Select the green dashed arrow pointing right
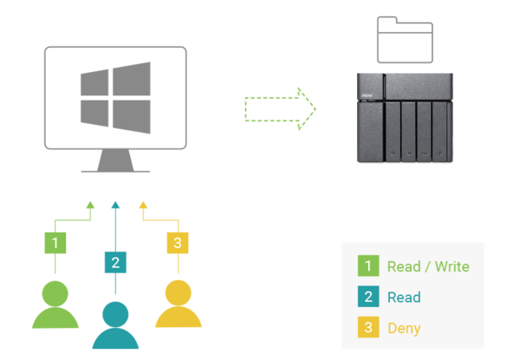(281, 108)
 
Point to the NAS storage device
(404, 118)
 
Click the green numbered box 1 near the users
(55, 243)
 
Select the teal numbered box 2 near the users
(115, 261)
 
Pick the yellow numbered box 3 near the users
(177, 243)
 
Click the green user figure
(55, 304)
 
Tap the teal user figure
(115, 324)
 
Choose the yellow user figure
(178, 304)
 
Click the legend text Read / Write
(428, 266)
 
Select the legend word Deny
(405, 329)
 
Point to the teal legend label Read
(404, 298)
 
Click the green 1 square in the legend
(367, 266)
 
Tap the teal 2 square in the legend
(367, 298)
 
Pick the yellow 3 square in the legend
(367, 329)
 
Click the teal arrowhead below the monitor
(115, 205)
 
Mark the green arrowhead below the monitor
(89, 206)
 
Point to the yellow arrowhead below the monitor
(143, 206)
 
